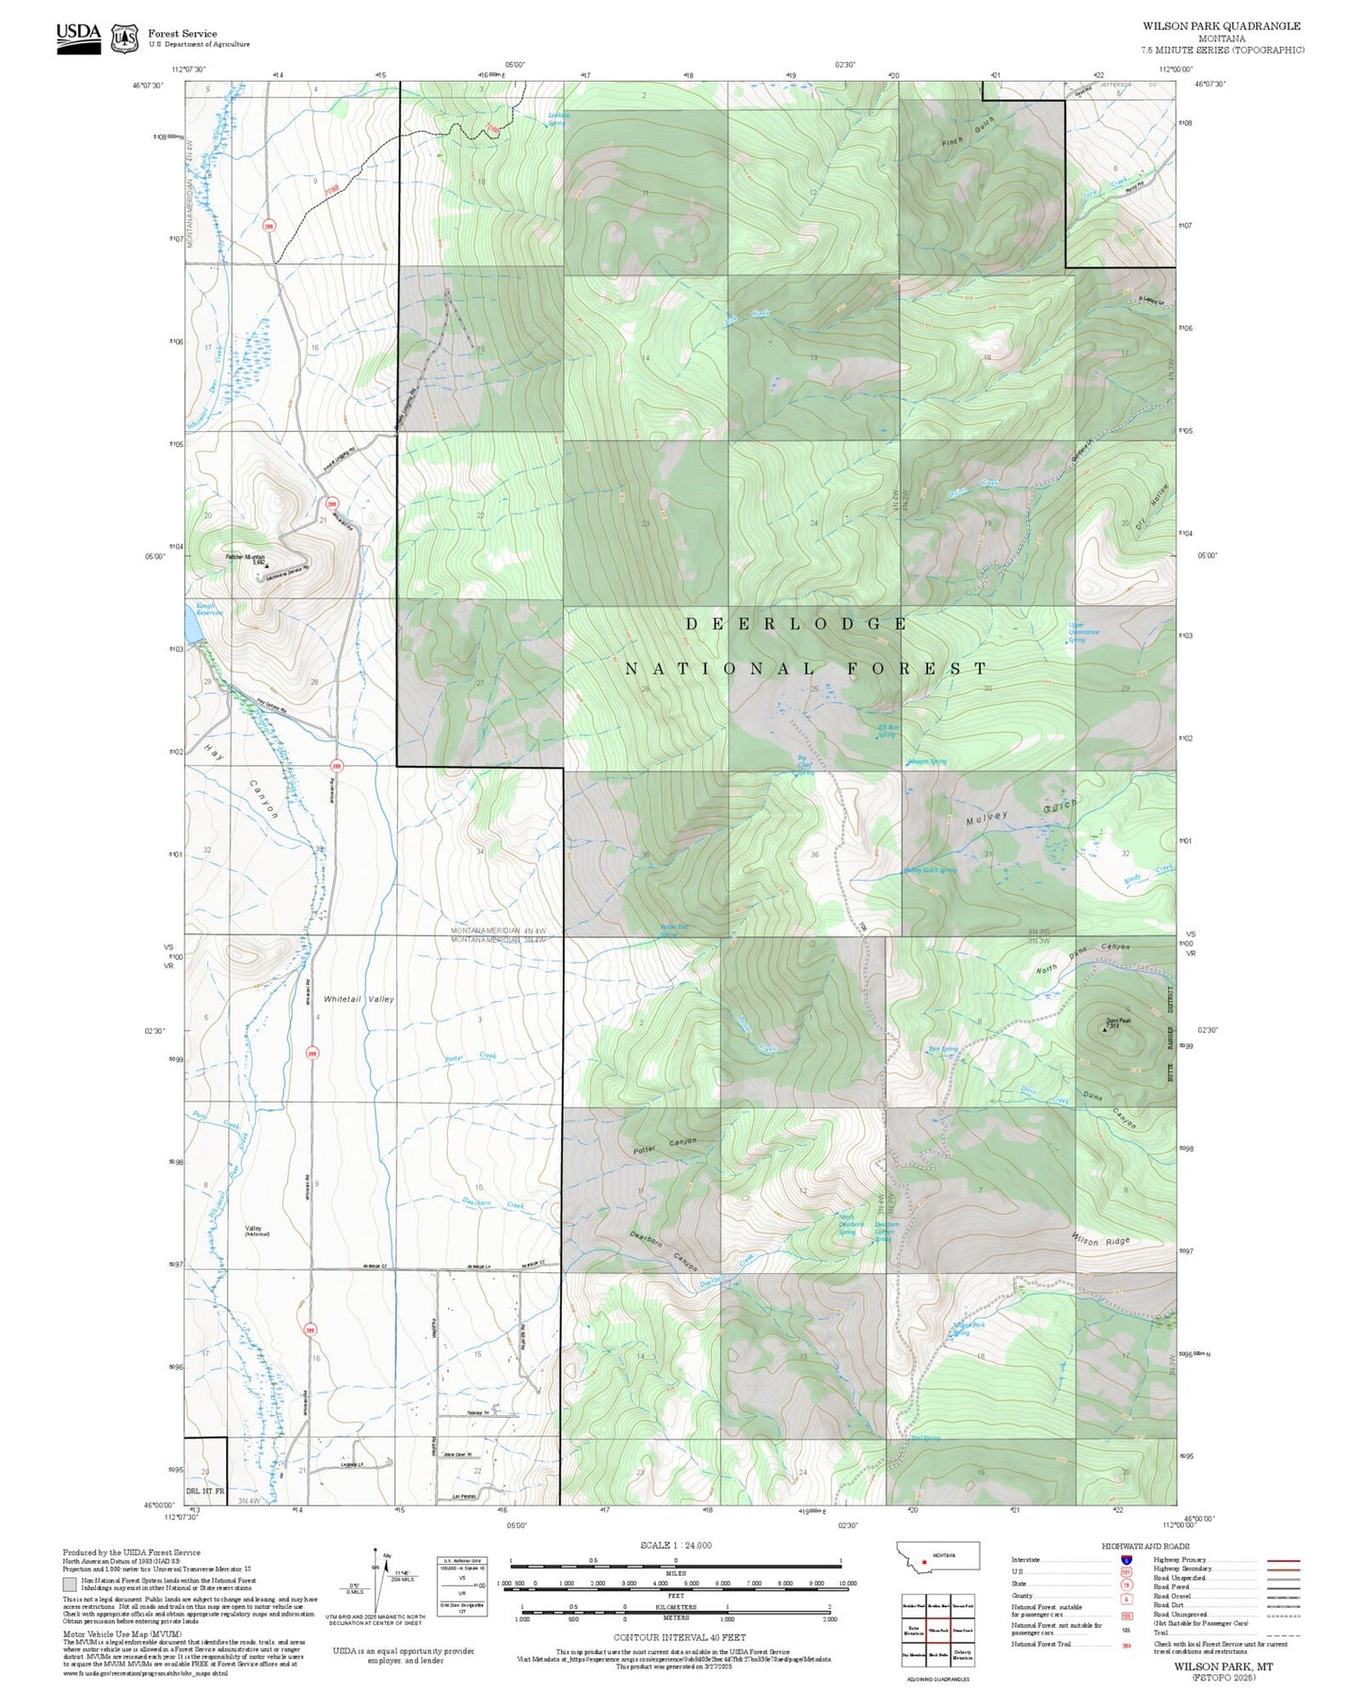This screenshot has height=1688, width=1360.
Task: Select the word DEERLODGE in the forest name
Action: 795,624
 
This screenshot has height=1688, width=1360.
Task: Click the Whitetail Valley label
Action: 359,998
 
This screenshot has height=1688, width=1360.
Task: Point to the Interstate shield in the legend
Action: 1127,1559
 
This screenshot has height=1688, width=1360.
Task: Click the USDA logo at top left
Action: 78,37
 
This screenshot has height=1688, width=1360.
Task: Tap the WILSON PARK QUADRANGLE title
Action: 1222,26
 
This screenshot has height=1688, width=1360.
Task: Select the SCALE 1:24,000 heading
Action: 676,1545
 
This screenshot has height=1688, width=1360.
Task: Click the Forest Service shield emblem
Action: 124,38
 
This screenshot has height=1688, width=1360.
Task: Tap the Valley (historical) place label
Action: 255,1231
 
